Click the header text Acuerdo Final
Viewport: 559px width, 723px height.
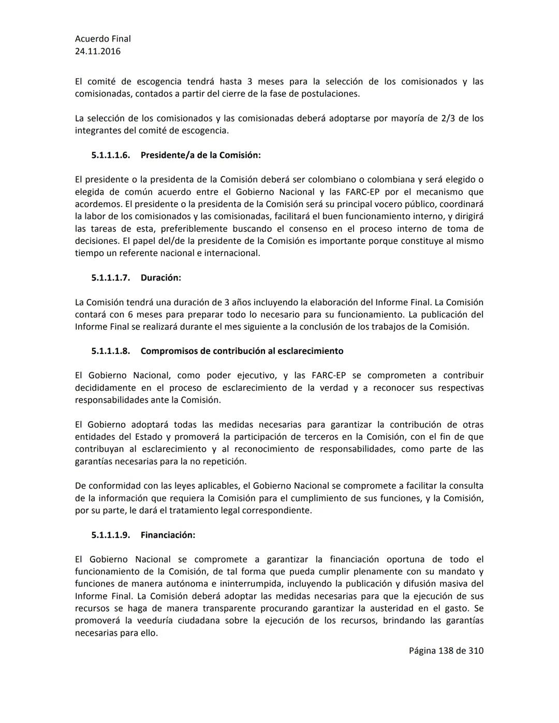(102, 39)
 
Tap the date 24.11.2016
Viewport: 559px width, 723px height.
(98, 51)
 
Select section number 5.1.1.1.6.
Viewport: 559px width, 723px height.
(110, 155)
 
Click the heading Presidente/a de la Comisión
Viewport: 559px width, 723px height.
(200, 155)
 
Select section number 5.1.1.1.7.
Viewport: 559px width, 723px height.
(110, 278)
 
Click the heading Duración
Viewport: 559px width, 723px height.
(160, 278)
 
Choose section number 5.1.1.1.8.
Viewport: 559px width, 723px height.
(110, 351)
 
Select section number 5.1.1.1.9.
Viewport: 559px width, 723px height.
(110, 535)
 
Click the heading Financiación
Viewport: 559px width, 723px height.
(168, 535)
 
